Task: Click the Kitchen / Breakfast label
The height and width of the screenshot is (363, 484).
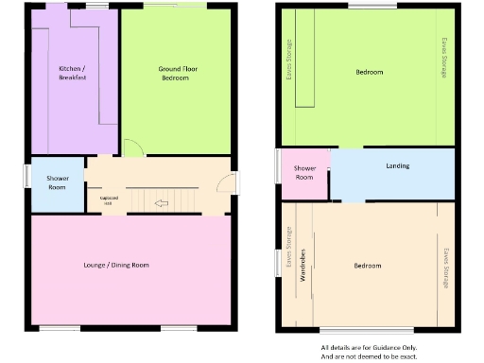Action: pos(73,73)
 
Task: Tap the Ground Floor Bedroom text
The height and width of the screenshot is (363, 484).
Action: pos(175,73)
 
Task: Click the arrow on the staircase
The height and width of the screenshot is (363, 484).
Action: pos(162,201)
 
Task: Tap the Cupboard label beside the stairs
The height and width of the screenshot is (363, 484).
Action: pos(109,200)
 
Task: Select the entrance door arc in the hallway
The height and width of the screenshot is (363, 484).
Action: pos(232,182)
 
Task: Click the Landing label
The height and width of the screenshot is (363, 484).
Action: pos(398,166)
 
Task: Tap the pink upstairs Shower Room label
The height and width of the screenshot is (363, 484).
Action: pos(304,173)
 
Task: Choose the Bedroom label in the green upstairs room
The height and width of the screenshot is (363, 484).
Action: pos(370,73)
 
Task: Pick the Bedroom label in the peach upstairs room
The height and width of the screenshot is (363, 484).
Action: pos(368,266)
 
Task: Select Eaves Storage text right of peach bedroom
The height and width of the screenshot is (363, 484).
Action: pos(444,268)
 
